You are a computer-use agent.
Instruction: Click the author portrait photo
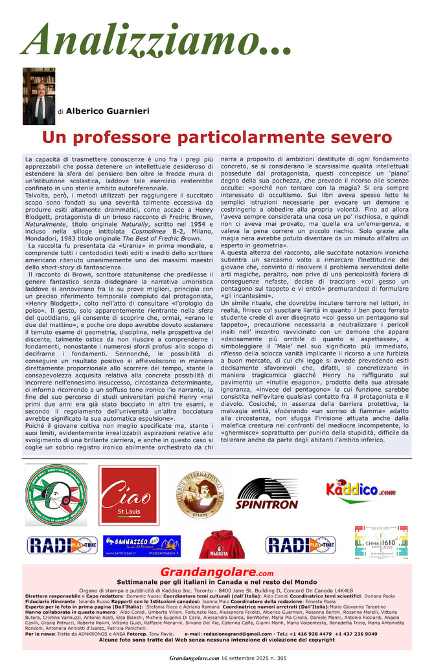click(39, 96)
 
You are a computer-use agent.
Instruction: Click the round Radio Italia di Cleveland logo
click(56, 495)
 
